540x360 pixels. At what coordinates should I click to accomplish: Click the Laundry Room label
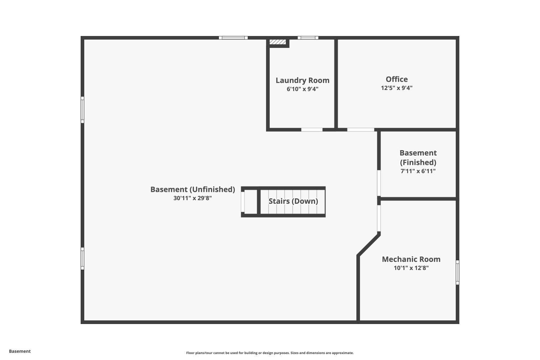click(302, 80)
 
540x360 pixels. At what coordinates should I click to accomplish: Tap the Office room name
click(397, 79)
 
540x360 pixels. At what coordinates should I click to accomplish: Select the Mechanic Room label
click(411, 259)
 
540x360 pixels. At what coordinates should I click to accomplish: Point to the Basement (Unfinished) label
click(193, 189)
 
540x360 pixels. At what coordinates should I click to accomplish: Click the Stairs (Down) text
click(293, 201)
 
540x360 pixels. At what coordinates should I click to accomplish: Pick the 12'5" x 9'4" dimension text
click(397, 88)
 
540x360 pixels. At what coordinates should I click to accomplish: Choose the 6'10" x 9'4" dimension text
click(302, 89)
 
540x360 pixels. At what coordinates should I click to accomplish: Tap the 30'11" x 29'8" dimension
click(193, 198)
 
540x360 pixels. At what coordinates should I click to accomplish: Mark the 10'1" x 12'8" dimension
click(411, 268)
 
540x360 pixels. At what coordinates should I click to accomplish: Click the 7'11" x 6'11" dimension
click(418, 171)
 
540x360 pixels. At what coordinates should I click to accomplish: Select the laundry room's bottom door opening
click(312, 130)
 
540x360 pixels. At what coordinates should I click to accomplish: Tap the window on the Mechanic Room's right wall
click(458, 272)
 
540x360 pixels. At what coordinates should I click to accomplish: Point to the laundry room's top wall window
click(308, 38)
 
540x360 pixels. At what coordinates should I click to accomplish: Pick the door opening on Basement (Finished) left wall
click(379, 183)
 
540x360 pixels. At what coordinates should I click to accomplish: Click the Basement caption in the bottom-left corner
click(20, 351)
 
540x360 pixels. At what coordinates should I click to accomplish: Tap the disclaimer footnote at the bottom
click(270, 353)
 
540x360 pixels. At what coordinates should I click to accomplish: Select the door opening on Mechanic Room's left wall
click(379, 218)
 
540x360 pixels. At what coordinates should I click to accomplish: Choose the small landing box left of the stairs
click(249, 202)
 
